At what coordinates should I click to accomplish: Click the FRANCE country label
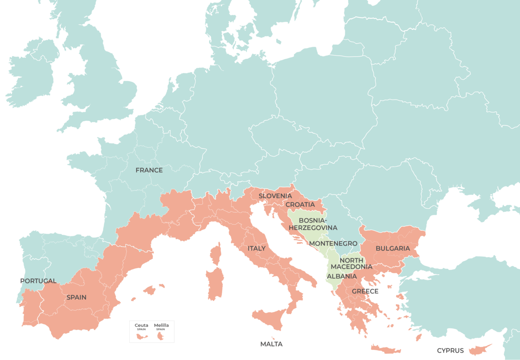click(149, 170)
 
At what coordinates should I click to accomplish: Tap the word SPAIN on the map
click(76, 297)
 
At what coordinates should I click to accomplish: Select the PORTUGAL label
click(38, 281)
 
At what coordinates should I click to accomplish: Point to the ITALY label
click(257, 248)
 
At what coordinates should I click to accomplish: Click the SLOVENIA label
click(275, 196)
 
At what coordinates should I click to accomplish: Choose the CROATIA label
click(300, 204)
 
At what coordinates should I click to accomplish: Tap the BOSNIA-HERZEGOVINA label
click(313, 224)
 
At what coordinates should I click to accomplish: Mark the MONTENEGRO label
click(333, 244)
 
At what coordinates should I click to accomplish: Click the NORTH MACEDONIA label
click(351, 263)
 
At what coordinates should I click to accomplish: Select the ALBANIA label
click(342, 276)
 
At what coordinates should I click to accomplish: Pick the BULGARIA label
click(393, 248)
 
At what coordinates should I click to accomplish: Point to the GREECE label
click(365, 291)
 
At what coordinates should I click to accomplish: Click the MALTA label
click(271, 344)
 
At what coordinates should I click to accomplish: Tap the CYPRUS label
click(451, 351)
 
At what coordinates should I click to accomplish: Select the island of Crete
click(386, 349)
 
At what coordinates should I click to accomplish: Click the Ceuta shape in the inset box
click(141, 336)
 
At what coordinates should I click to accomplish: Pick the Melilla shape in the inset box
click(161, 336)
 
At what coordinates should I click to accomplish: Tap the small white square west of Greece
click(341, 306)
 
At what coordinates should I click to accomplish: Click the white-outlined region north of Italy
click(240, 190)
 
